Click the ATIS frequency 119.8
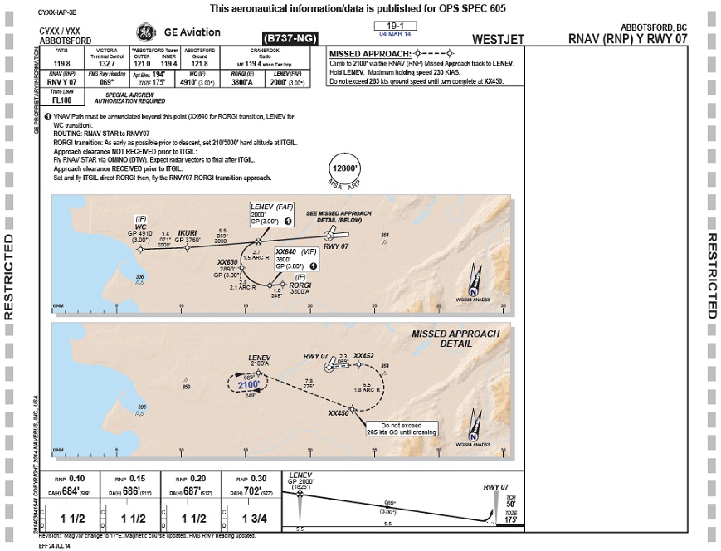pyautogui.click(x=62, y=62)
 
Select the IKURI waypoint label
pyautogui.click(x=188, y=235)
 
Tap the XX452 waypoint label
pyautogui.click(x=364, y=355)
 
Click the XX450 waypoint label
pyautogui.click(x=339, y=412)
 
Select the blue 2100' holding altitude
pyautogui.click(x=249, y=385)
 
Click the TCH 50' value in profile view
pyautogui.click(x=511, y=504)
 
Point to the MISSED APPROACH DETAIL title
pyautogui.click(x=455, y=339)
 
